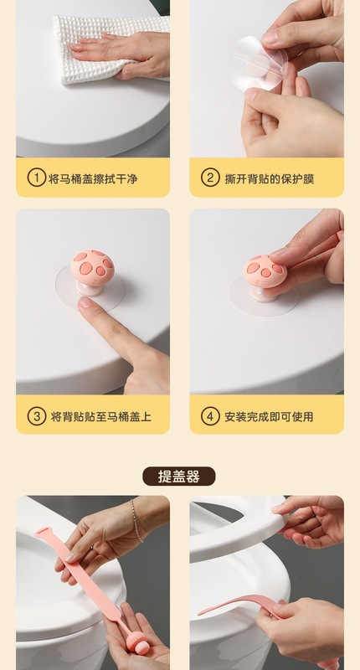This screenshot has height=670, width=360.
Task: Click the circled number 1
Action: (x=36, y=178)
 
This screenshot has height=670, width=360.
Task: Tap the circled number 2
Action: (x=210, y=178)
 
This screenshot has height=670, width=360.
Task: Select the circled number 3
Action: (x=36, y=415)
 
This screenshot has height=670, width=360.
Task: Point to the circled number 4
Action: (x=210, y=415)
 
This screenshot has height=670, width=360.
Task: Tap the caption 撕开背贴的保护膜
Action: (x=273, y=178)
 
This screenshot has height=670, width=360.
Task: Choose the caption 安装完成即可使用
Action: (x=273, y=415)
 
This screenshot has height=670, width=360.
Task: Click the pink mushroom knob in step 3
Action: (x=92, y=265)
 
